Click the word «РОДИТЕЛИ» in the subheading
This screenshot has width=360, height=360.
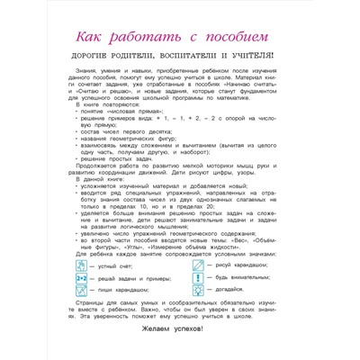click(134, 62)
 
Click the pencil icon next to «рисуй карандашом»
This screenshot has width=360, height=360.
click(188, 266)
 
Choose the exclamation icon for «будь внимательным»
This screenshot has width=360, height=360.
click(188, 281)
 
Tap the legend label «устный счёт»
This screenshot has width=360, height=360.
click(120, 267)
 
